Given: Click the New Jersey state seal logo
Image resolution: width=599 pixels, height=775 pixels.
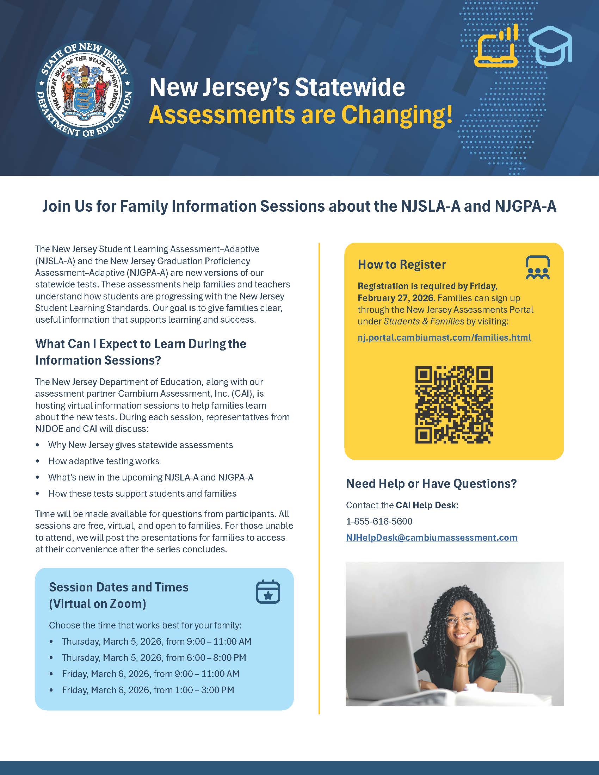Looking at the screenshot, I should [x=85, y=90].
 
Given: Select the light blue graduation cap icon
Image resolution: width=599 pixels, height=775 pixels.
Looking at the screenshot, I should [x=550, y=46].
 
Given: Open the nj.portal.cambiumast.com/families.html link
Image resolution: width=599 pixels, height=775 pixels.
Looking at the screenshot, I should [x=444, y=337].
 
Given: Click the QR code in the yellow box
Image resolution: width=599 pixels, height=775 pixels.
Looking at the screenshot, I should [x=454, y=404].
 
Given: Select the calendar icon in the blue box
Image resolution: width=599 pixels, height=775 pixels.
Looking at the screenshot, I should [x=268, y=591].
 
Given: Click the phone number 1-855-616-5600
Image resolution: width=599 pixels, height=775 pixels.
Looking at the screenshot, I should [x=379, y=521].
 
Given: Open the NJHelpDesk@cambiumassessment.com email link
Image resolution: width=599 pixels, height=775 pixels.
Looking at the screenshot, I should [x=432, y=538].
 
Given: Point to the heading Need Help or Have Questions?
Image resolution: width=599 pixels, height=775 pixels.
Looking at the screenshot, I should [x=431, y=483].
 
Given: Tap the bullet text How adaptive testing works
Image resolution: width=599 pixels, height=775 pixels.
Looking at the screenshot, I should [x=104, y=461].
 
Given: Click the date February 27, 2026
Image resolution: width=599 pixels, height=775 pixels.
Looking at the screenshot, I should [x=396, y=298].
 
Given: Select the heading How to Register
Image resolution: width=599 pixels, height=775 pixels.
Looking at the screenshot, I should [x=402, y=264].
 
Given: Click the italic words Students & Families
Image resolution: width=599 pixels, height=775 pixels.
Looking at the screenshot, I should [x=424, y=321].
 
